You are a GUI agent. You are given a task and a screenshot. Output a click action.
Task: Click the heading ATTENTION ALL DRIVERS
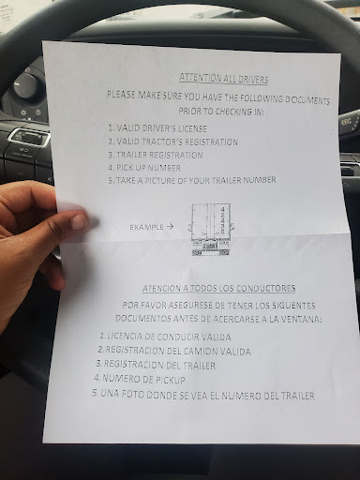point(224,79)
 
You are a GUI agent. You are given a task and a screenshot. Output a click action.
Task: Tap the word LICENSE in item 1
point(192,128)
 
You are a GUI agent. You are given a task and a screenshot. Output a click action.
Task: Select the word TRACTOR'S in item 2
point(162,142)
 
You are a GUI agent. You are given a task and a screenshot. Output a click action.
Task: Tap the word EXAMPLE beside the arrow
point(146,227)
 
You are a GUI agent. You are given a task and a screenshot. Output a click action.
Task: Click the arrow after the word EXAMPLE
point(170,227)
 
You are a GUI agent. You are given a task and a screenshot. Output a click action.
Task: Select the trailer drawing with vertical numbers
point(211,230)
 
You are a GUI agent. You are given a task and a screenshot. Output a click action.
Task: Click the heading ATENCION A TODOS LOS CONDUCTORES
point(219,288)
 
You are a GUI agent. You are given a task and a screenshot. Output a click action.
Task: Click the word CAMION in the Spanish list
point(201,351)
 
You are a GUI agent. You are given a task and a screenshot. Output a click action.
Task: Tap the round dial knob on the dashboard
point(25,85)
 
